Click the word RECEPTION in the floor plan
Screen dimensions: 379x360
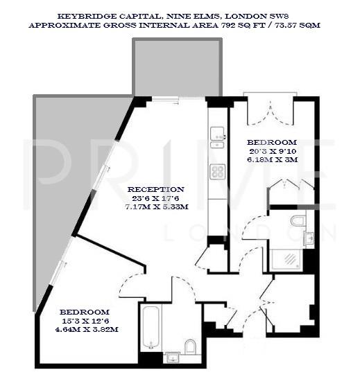[x=155, y=189]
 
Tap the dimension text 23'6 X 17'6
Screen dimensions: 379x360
[x=155, y=198]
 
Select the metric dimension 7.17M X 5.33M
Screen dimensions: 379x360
[x=155, y=207]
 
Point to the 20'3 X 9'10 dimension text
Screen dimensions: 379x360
[x=271, y=150]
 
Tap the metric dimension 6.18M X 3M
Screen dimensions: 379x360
[x=271, y=159]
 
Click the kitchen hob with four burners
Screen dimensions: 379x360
[x=218, y=172]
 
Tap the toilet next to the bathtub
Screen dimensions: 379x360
[x=189, y=346]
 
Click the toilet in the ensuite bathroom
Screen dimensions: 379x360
[x=298, y=221]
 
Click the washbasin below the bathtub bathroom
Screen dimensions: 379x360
[x=171, y=357]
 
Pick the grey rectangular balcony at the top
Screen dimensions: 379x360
[x=178, y=67]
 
